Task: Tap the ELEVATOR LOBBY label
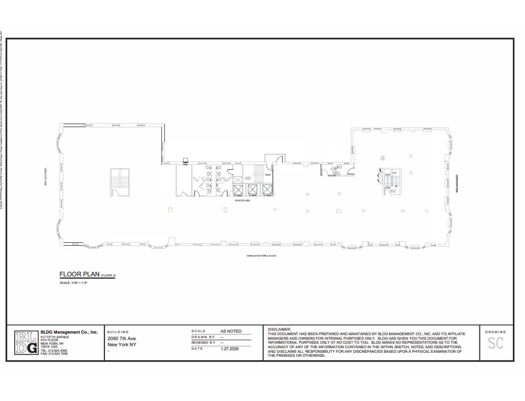pyautogui.click(x=242, y=199)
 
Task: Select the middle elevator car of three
pyautogui.click(x=252, y=189)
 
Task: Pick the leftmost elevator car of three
pyautogui.click(x=238, y=189)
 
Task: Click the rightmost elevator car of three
pyautogui.click(x=266, y=189)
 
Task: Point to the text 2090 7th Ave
pyautogui.click(x=121, y=339)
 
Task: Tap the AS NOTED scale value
pyautogui.click(x=231, y=331)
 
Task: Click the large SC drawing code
pyautogui.click(x=495, y=344)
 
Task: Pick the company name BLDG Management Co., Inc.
pyautogui.click(x=69, y=332)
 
